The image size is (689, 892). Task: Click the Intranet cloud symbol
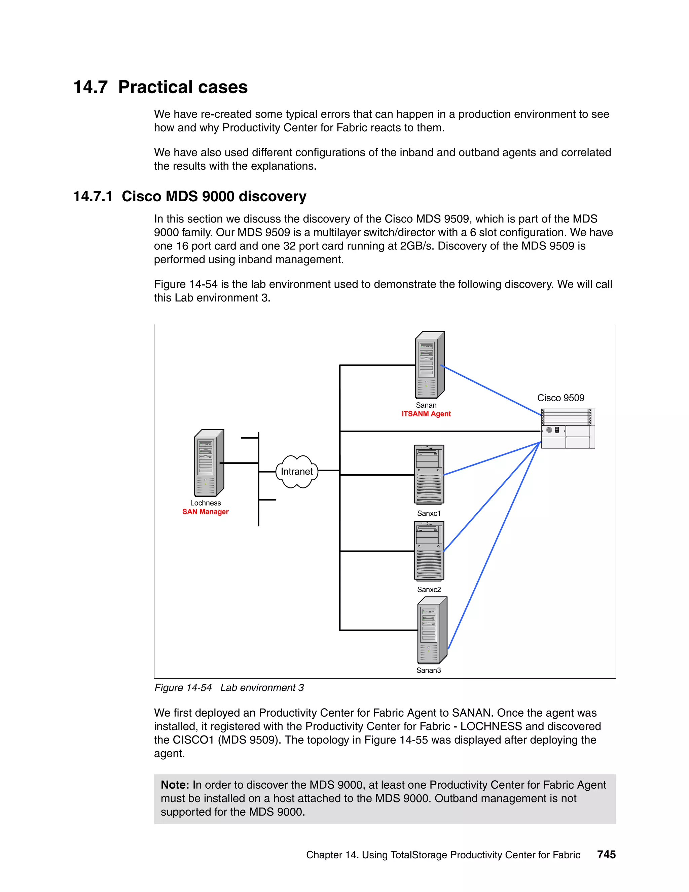coord(297,472)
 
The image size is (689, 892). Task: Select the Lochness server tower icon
coord(209,463)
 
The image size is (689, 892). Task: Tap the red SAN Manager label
coord(205,512)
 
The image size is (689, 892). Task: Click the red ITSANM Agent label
coord(426,414)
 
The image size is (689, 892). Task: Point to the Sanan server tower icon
coord(429,365)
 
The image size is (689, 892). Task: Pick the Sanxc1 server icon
coord(429,475)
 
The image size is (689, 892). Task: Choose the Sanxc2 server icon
coord(429,551)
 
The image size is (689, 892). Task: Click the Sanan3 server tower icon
coord(432,630)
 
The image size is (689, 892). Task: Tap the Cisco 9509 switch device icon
coord(568,428)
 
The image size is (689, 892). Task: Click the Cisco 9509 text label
coord(560,398)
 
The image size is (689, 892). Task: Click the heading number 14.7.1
coord(93,197)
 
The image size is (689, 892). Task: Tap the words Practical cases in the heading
coord(183,87)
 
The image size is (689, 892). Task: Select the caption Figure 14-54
coord(183,688)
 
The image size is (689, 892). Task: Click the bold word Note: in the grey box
coord(175,785)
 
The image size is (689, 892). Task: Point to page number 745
coord(606,854)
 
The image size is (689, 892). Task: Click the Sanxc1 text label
coord(429,513)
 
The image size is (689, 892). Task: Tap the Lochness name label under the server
coord(205,503)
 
